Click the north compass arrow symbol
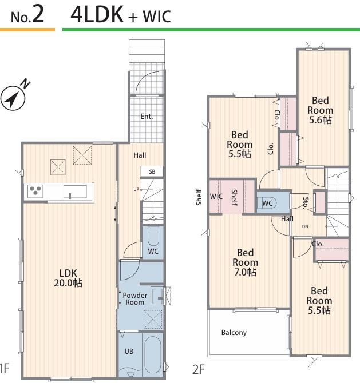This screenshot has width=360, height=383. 13,98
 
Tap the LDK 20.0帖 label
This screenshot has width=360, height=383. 68,278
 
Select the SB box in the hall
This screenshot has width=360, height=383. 152,171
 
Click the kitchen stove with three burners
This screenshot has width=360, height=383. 35,191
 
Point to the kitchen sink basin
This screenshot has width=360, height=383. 75,191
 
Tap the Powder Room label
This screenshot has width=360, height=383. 134,299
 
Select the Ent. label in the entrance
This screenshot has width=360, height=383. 147,117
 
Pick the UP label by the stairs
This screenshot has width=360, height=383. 136,189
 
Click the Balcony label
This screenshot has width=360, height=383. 234,333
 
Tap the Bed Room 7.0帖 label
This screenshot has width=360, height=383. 246,262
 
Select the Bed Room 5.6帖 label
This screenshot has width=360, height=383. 321,110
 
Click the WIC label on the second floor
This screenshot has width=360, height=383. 216,197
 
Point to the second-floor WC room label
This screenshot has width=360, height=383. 267,204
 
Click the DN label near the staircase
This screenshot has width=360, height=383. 305,227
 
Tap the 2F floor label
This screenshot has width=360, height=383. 199,369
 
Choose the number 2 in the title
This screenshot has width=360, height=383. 38,14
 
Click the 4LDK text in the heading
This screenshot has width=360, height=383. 97,14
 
